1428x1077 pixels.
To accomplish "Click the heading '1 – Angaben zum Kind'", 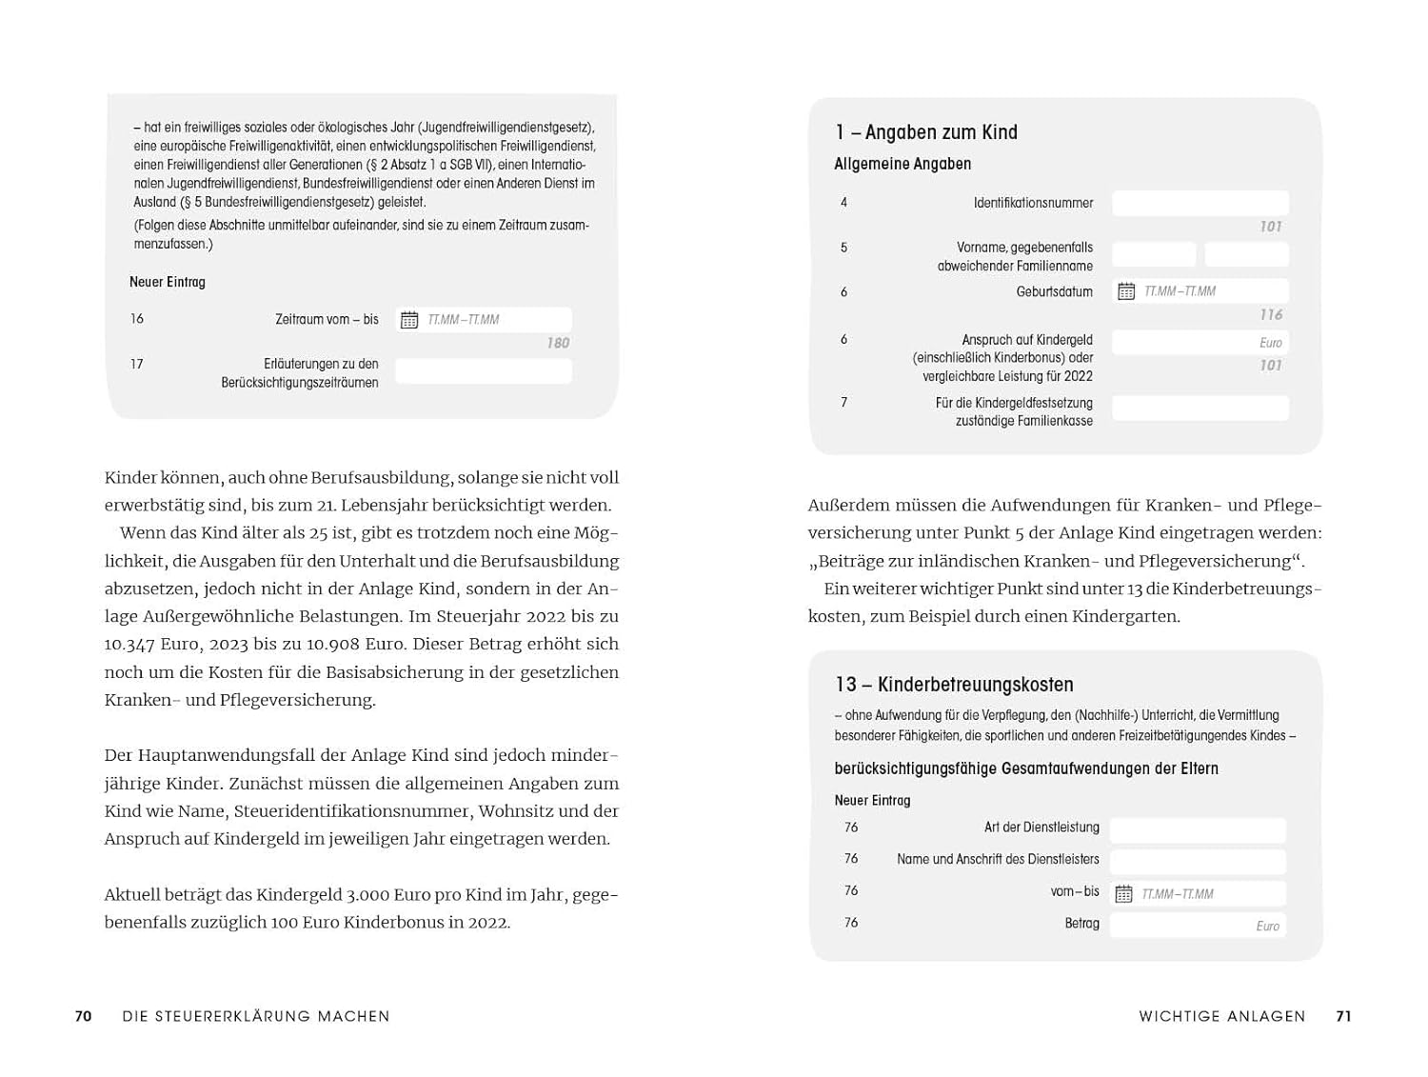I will tap(926, 132).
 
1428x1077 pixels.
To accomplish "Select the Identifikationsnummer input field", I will tap(1200, 203).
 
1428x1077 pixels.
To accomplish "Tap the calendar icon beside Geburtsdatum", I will tap(1126, 291).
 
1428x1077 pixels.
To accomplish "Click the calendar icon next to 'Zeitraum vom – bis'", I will tap(409, 320).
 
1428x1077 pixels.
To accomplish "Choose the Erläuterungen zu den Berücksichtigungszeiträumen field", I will tap(484, 372).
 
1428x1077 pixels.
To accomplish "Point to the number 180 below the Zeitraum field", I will tap(558, 343).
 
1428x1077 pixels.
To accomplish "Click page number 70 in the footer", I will tap(84, 1016).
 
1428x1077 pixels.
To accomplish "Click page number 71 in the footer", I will tap(1343, 1016).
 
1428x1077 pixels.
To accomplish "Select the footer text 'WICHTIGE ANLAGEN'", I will tap(1222, 1016).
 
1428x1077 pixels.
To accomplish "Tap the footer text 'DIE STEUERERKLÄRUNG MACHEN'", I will tap(256, 1016).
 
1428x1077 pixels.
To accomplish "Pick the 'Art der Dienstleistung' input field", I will tap(1198, 829).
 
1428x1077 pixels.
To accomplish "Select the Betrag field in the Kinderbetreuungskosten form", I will tap(1198, 925).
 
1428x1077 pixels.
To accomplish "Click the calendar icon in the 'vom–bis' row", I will tap(1124, 894).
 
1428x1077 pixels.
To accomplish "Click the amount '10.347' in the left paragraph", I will tap(131, 644).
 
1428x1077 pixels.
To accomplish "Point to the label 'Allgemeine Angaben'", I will tap(902, 164).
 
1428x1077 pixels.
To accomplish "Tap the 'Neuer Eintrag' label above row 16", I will tap(168, 282).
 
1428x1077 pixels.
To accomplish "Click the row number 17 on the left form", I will tap(137, 364).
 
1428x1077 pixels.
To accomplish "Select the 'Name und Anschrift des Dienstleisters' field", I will tap(1198, 861).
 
